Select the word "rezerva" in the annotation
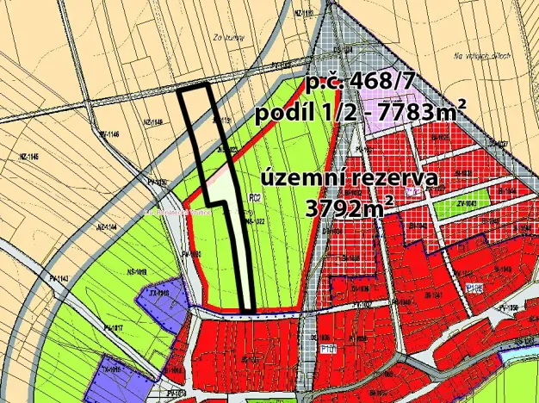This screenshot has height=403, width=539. tap(393, 180)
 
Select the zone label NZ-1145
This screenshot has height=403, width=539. tap(28, 156)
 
